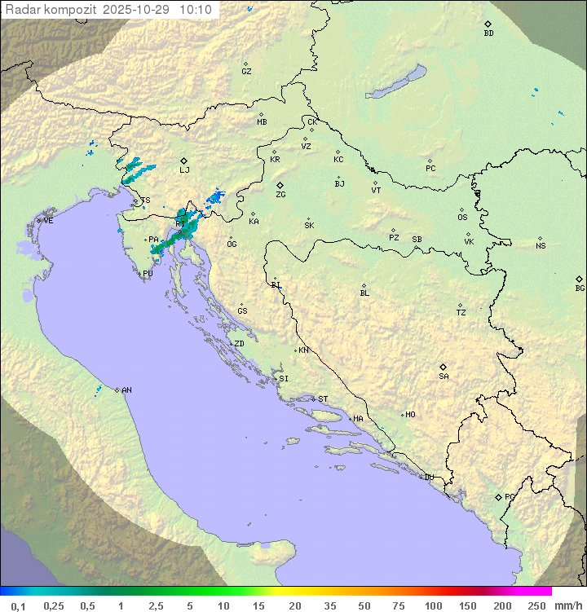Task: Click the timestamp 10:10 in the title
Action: [196, 10]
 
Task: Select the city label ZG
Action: [280, 195]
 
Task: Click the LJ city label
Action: [184, 170]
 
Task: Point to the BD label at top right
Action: [488, 33]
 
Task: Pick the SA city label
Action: [444, 376]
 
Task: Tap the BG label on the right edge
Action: [580, 288]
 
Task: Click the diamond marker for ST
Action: [313, 398]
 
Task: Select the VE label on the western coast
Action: [48, 220]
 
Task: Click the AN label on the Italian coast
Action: [126, 390]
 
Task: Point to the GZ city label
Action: [246, 71]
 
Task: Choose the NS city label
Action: [541, 245]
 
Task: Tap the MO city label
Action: [410, 414]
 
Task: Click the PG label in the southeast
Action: [510, 496]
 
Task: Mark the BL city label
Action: [364, 293]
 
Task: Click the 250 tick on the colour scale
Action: [536, 605]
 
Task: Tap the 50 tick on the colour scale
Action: [364, 605]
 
